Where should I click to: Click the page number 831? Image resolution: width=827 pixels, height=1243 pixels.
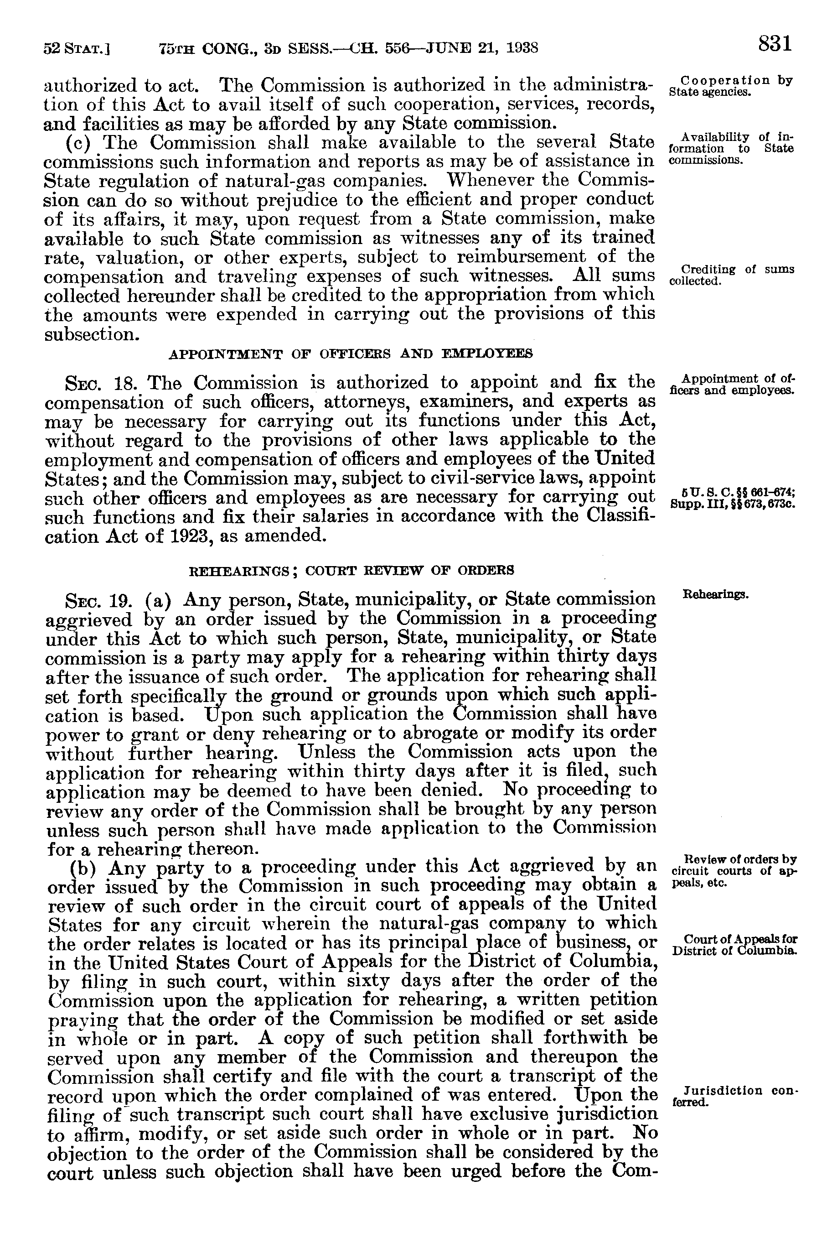775,43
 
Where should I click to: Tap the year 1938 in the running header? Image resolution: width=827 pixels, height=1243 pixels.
520,49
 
